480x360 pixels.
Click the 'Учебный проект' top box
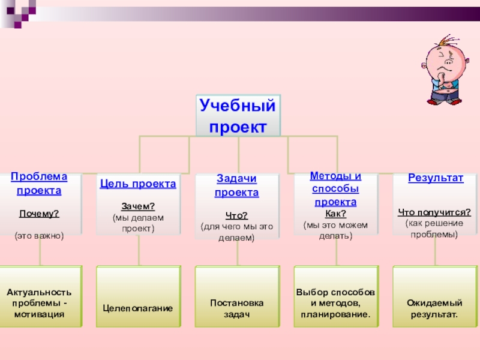238,116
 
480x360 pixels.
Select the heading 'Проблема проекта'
39,183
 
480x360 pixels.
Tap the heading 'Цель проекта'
138,184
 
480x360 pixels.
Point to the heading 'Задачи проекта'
237,185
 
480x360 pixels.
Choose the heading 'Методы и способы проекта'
335,189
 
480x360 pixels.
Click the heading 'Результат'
436,178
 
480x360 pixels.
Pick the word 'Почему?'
39,214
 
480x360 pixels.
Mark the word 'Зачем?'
138,206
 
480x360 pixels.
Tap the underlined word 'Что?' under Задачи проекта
237,216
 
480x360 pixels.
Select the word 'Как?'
335,214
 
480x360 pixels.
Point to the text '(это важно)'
39,236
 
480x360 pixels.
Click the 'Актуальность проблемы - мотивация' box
39,298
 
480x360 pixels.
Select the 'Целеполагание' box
138,298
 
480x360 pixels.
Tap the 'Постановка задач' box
237,298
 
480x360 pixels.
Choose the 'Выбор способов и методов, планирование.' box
335,298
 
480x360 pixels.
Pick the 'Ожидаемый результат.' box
434,298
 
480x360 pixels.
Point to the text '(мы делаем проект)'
138,223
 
